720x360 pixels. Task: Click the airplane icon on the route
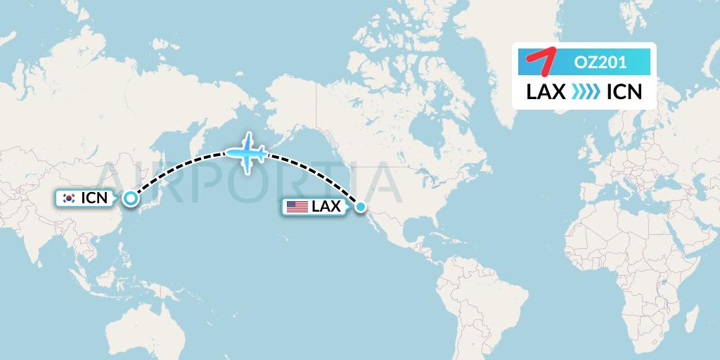(245, 151)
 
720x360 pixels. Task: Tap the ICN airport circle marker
(130, 198)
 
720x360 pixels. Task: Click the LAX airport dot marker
(361, 207)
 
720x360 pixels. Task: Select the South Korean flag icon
(69, 198)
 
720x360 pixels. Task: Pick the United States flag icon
(297, 207)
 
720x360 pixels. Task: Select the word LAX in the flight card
(546, 92)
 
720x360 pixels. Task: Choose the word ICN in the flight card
(624, 92)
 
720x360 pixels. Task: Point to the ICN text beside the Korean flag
(94, 198)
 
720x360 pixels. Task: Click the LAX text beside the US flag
(326, 207)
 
